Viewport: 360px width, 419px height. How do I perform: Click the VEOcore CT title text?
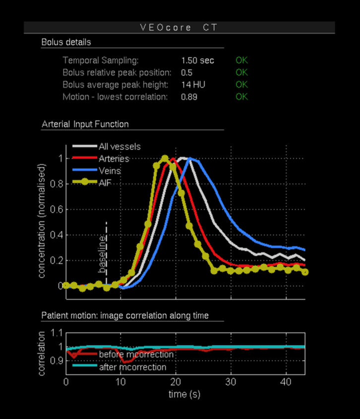pos(179,28)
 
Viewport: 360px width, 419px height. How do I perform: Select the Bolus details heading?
pos(66,42)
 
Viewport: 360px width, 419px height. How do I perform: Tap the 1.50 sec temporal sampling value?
pos(197,61)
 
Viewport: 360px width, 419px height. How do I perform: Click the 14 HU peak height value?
pos(193,84)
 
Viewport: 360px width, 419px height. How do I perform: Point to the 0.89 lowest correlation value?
pos(189,97)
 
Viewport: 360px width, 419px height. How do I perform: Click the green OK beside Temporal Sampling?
pos(241,61)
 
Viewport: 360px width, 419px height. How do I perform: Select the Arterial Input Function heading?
pos(85,124)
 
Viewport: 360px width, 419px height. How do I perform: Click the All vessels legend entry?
pos(119,146)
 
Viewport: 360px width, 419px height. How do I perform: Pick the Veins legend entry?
pos(109,170)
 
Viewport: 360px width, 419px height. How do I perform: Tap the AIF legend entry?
pos(105,182)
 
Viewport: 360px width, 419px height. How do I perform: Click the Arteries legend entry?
pos(114,158)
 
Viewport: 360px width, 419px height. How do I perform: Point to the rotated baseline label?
pos(102,255)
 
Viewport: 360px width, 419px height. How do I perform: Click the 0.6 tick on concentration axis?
pos(57,209)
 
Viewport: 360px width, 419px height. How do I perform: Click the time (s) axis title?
pos(184,394)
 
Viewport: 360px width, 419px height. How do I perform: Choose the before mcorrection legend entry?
pos(136,354)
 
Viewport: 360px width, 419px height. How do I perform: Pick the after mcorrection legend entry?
pos(132,367)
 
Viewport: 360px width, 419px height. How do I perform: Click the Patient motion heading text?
pos(124,315)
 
